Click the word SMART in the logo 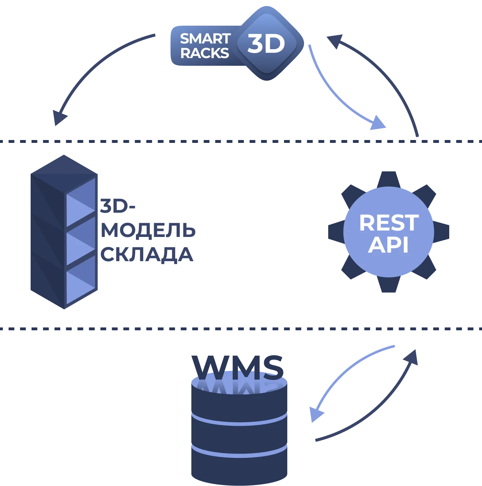[205, 38]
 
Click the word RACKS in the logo [204, 53]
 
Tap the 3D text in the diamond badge [266, 44]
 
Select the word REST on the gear [389, 223]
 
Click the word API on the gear [388, 245]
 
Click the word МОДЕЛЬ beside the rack [148, 231]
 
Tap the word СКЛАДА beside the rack [147, 254]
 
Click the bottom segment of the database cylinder [239, 467]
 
